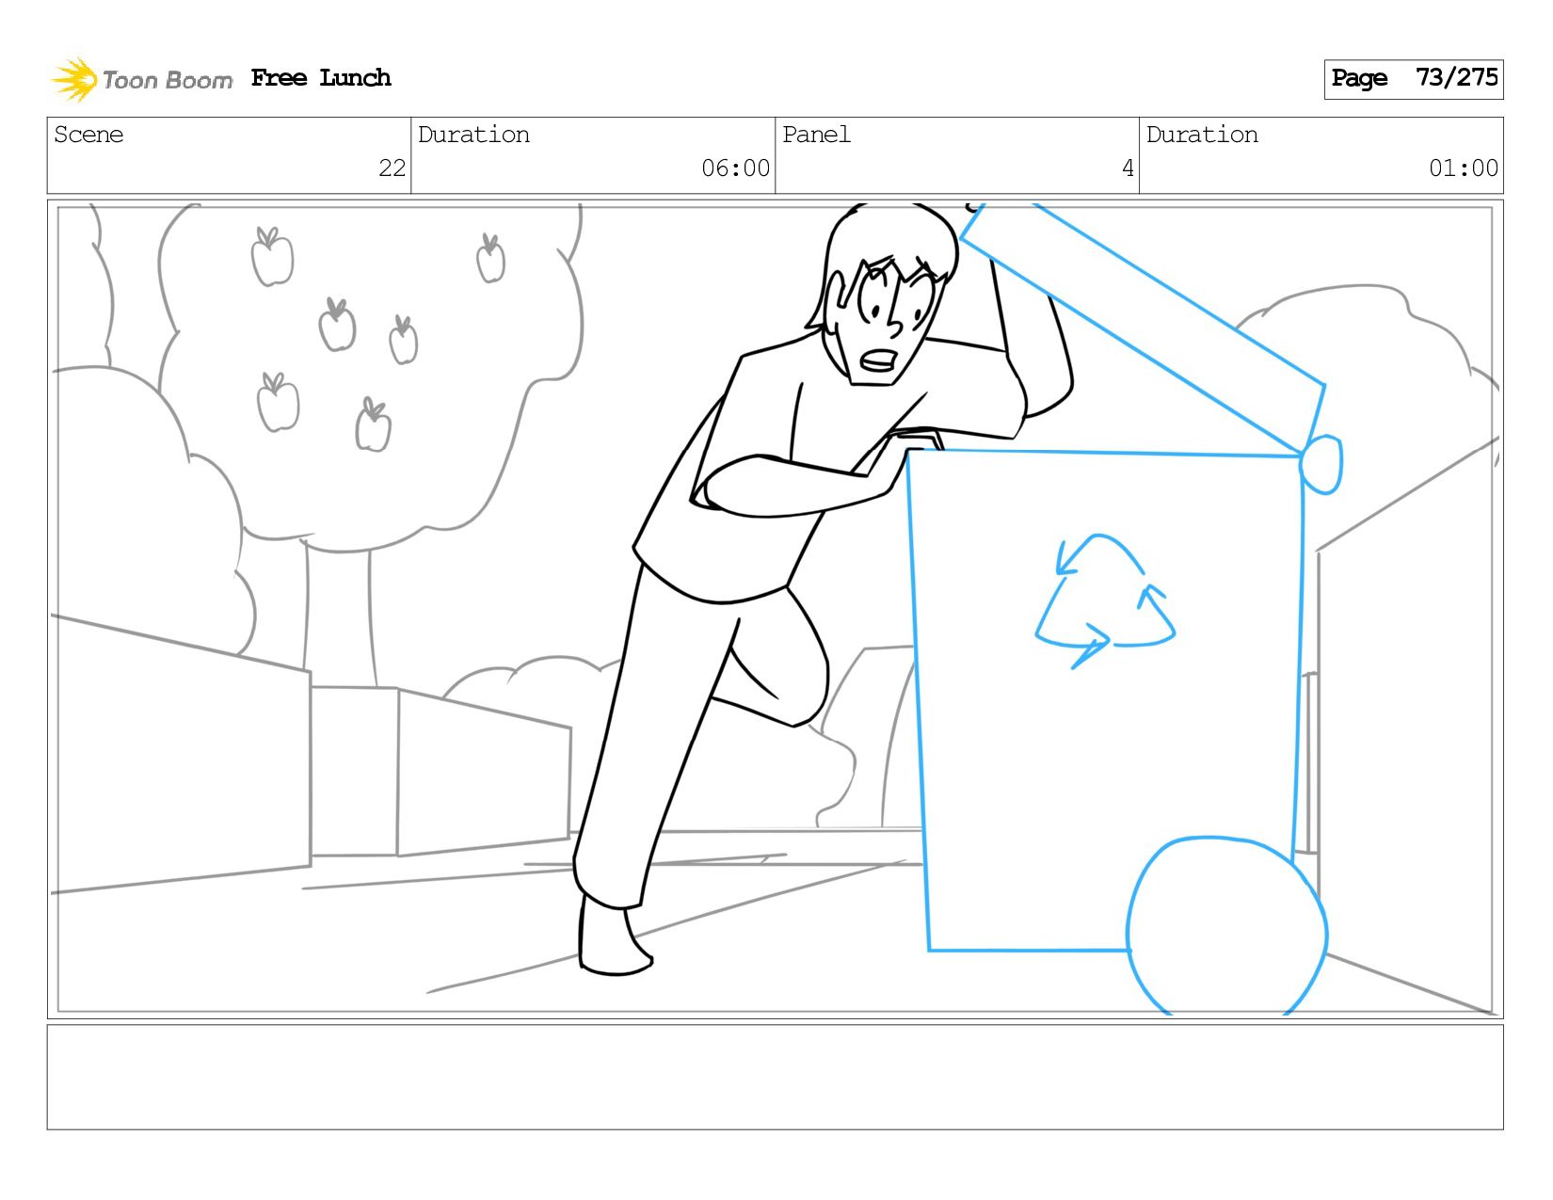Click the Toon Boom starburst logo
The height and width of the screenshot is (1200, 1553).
pyautogui.click(x=73, y=79)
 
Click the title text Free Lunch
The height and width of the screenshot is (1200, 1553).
pyautogui.click(x=321, y=77)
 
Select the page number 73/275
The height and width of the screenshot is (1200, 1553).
pyautogui.click(x=1456, y=77)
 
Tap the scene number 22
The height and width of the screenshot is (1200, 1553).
pyautogui.click(x=392, y=168)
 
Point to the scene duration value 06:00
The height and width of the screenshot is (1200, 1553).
pyautogui.click(x=735, y=168)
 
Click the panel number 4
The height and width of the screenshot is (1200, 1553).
pyautogui.click(x=1128, y=168)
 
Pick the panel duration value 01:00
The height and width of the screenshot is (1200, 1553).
pyautogui.click(x=1463, y=168)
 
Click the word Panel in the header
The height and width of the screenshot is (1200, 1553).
pyautogui.click(x=816, y=135)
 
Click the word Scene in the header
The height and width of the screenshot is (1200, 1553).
pyautogui.click(x=88, y=135)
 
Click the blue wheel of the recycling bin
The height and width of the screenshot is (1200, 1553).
pyautogui.click(x=1226, y=926)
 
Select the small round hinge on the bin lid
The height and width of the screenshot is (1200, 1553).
pyautogui.click(x=1321, y=465)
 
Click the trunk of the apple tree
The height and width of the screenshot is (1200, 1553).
pyautogui.click(x=340, y=615)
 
